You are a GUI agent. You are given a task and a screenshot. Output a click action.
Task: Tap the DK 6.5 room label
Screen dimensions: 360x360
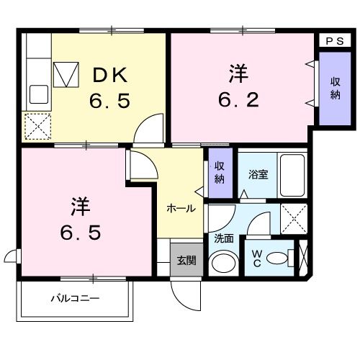coord(109,86)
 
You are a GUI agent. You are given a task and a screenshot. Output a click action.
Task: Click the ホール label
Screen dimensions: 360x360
coord(180,208)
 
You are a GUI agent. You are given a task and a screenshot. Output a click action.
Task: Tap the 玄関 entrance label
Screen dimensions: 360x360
coord(185,260)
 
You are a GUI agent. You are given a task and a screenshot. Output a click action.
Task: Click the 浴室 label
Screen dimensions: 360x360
coord(257,174)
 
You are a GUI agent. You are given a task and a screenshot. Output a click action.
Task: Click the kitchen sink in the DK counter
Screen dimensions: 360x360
coord(37,93)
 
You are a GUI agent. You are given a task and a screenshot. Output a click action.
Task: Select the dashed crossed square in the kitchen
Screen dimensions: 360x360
coord(37,127)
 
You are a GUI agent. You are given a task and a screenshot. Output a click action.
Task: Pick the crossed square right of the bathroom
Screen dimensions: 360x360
coord(293,217)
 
